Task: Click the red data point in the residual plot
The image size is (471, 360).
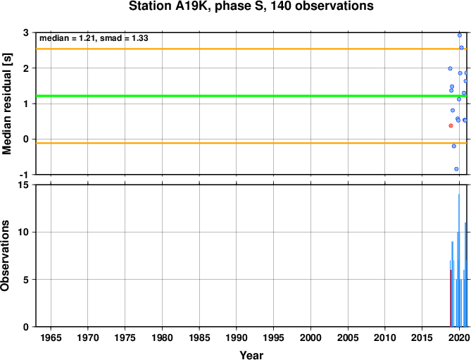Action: click(x=451, y=125)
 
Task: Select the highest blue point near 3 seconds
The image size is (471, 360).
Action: click(x=460, y=35)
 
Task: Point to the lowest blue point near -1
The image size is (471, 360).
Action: click(x=456, y=169)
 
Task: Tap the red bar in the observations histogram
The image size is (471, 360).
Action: click(x=451, y=298)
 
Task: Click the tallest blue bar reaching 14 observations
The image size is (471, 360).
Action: click(x=459, y=260)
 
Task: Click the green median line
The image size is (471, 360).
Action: click(x=251, y=96)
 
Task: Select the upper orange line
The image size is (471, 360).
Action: click(x=251, y=49)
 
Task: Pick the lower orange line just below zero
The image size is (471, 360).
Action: click(x=251, y=143)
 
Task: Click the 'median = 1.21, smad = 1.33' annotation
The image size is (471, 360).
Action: click(x=94, y=38)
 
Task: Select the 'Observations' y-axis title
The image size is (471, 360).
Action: click(x=5, y=256)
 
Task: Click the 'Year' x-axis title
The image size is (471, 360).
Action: click(x=251, y=355)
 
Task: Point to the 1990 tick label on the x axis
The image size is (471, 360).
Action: click(x=237, y=337)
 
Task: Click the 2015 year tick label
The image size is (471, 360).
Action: click(x=422, y=337)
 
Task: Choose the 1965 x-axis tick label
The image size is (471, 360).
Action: click(x=51, y=337)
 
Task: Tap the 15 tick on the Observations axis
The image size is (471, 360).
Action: click(x=25, y=185)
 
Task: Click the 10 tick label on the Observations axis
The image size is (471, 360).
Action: click(x=25, y=232)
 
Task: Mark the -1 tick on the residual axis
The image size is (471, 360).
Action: click(x=25, y=175)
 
